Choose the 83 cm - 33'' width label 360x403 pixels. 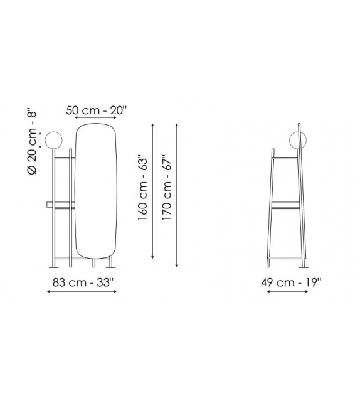pos(82,282)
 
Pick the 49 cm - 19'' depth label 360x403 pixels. pos(290,282)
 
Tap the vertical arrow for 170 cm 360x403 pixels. pos(177,191)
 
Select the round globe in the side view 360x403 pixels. pos(297,140)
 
